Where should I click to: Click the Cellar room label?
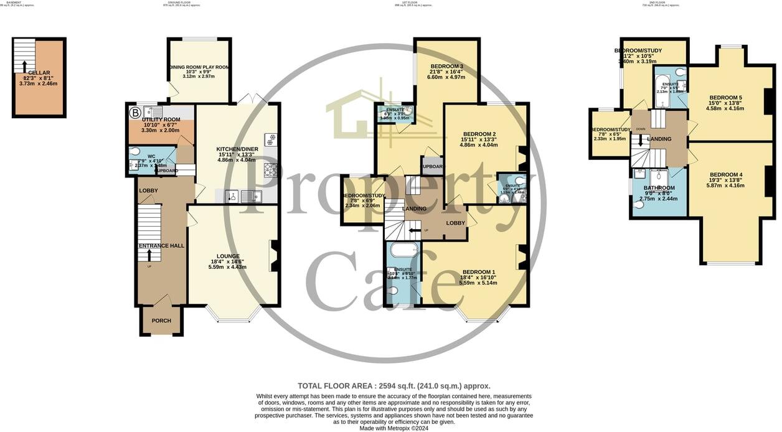[x=39, y=73]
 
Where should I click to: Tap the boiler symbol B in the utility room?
[x=134, y=113]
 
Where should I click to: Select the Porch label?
[x=161, y=321]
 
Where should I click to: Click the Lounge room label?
[x=228, y=256]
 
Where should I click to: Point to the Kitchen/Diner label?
[x=237, y=149]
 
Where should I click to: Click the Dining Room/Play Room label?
[x=199, y=67]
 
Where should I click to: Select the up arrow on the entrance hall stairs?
[x=149, y=255]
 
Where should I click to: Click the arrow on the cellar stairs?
[x=25, y=66]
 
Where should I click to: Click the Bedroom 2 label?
[x=479, y=134]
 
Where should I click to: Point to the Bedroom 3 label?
[x=446, y=67]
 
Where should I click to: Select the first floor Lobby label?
[x=455, y=223]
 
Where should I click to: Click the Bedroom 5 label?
[x=725, y=98]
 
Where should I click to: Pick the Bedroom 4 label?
[x=726, y=174]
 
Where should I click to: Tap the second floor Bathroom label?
[x=659, y=188]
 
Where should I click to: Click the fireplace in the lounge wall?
[x=275, y=256]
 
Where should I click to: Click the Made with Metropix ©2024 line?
[x=394, y=428]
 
